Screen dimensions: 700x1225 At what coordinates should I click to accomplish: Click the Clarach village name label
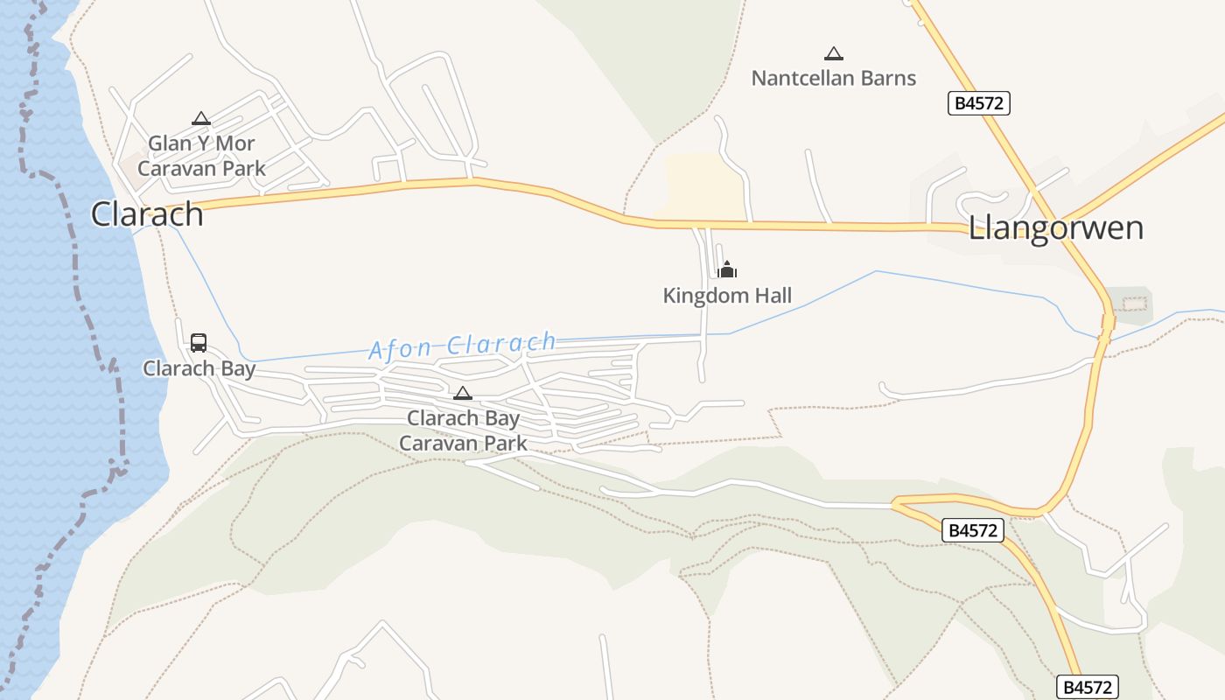(147, 213)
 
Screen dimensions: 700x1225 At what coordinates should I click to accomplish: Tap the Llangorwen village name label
(1055, 227)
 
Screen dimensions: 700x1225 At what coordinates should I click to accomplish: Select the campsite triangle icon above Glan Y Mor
(201, 119)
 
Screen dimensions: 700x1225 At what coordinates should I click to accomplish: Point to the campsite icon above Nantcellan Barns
(834, 54)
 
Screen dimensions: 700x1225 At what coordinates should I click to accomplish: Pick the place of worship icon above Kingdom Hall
(727, 269)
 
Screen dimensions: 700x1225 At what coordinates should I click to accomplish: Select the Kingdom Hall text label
(727, 296)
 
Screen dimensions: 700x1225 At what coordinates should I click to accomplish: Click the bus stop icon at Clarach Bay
(199, 342)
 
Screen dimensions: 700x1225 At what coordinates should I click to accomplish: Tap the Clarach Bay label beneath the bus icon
(199, 368)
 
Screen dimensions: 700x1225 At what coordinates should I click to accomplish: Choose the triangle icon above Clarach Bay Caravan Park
(463, 394)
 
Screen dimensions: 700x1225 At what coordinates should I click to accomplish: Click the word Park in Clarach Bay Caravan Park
(507, 444)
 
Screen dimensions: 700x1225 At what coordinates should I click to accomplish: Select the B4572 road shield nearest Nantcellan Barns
(979, 103)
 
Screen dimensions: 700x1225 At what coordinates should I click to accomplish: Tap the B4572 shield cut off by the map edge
(1088, 688)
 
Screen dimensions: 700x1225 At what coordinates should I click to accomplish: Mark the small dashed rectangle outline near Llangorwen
(1133, 304)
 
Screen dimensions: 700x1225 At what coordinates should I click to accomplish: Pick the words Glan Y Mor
(201, 143)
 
